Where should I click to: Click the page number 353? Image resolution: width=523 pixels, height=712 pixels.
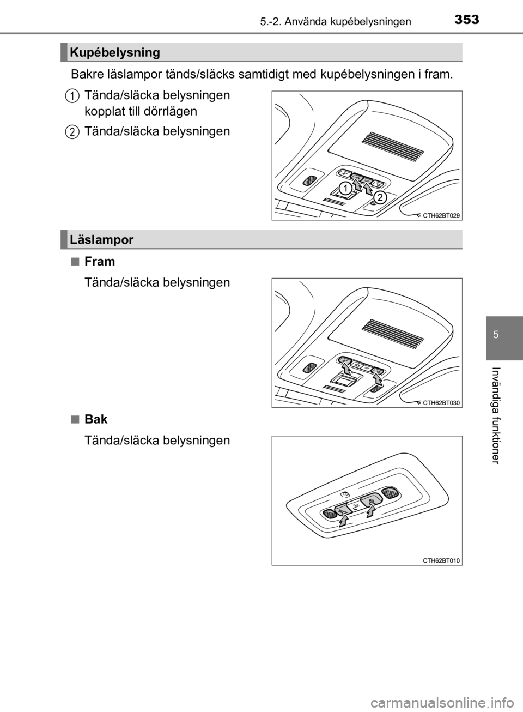[466, 20]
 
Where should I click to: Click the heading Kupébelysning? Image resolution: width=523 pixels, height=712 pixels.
[115, 52]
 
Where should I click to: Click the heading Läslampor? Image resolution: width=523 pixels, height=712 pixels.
[102, 240]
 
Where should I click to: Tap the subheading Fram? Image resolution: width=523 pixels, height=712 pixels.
[100, 261]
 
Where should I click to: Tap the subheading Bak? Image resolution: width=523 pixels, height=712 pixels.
[96, 419]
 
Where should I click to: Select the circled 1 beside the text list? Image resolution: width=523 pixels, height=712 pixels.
[73, 95]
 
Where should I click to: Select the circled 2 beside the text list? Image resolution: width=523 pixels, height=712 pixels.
[73, 132]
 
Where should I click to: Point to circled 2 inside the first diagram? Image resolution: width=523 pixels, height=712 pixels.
[380, 198]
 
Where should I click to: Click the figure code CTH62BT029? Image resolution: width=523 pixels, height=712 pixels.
[441, 215]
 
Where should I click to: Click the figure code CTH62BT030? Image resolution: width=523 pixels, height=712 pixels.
[441, 403]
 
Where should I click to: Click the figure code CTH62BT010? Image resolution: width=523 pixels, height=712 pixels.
[441, 560]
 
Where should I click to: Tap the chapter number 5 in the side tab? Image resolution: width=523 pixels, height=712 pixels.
[504, 335]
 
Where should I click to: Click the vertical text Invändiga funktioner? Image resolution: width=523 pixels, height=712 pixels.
[496, 416]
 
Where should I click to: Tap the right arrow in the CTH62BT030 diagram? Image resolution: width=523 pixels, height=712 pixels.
[377, 379]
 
